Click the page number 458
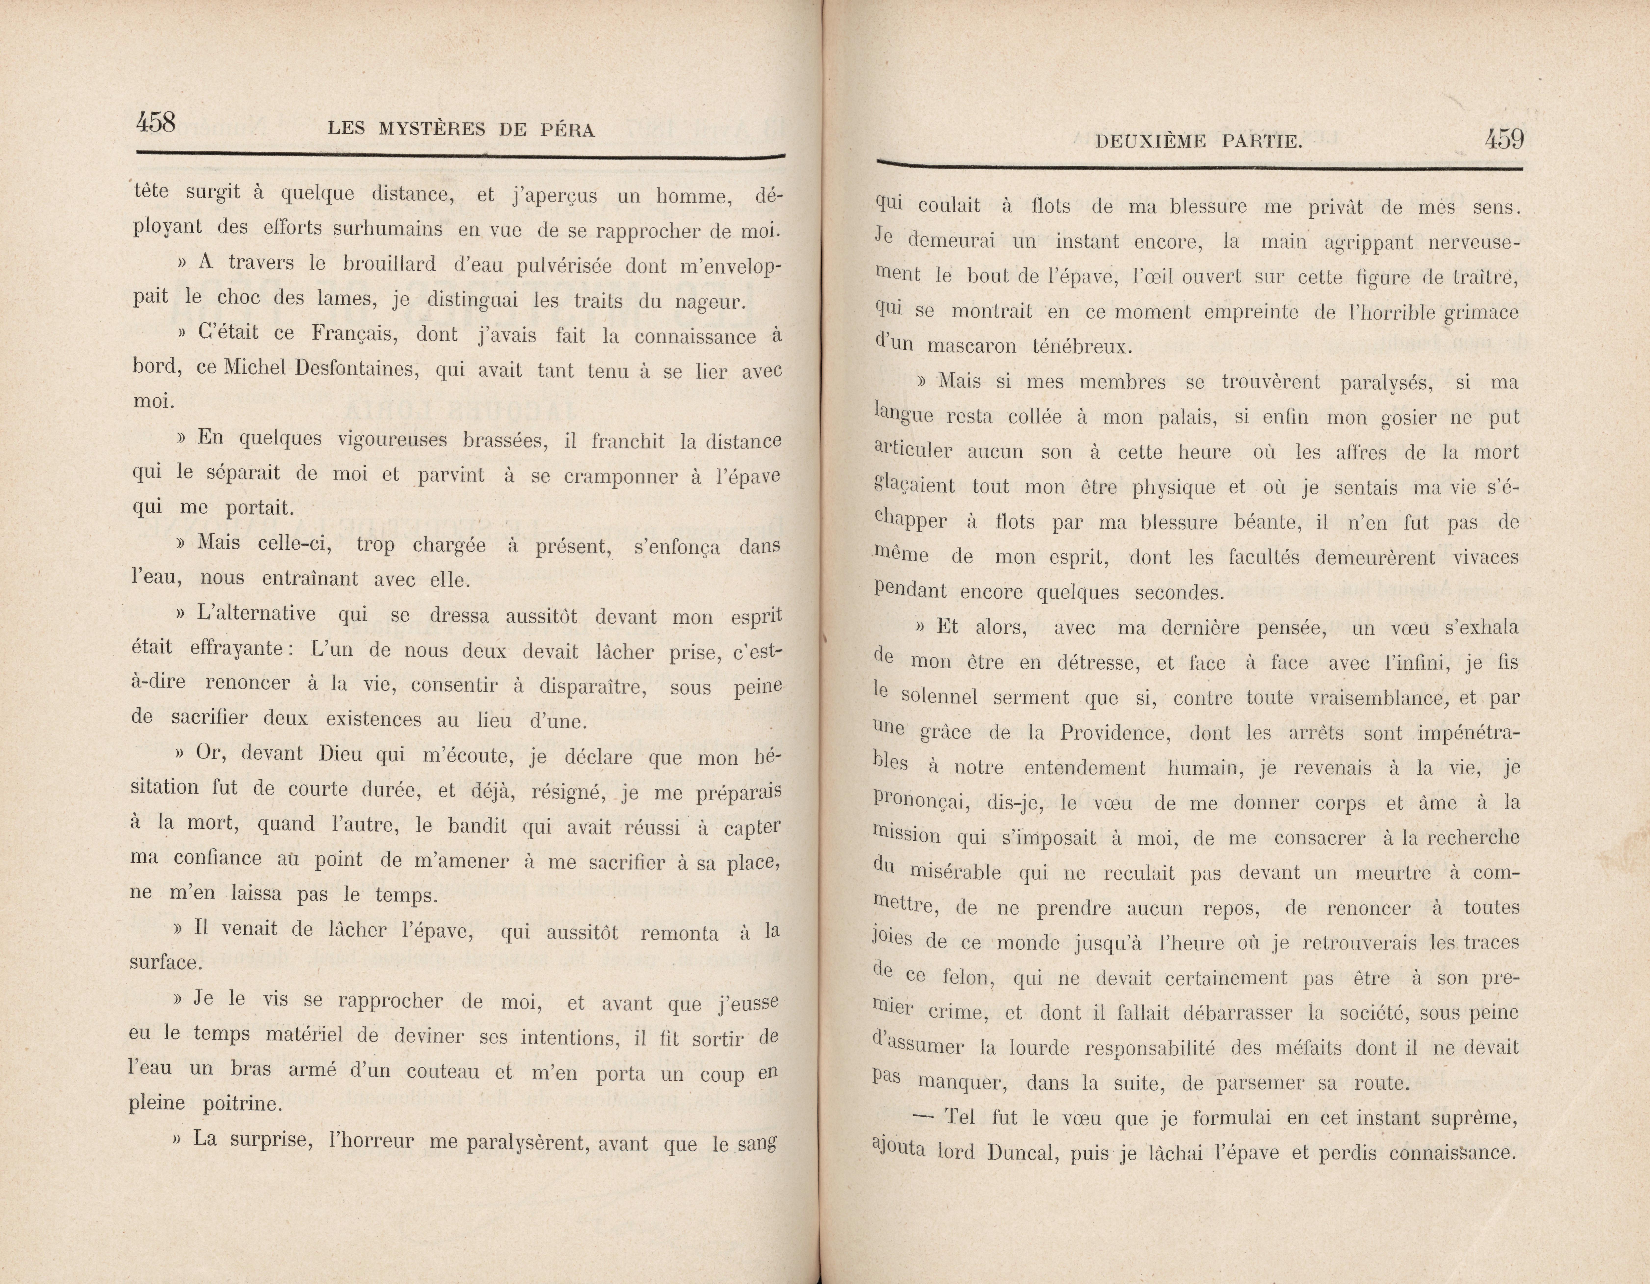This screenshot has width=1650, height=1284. [x=156, y=122]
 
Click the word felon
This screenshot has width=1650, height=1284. [x=969, y=978]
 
